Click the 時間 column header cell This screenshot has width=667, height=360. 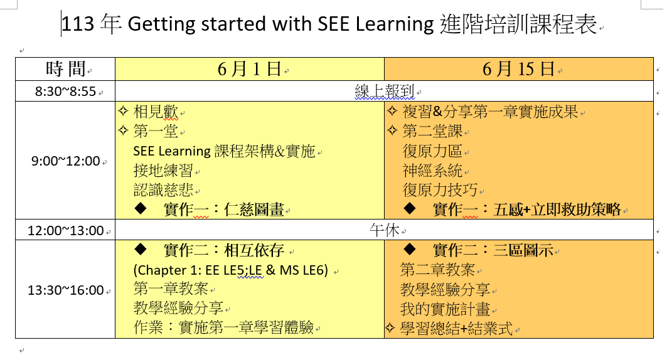65,69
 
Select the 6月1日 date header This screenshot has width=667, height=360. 249,69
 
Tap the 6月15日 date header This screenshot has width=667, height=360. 518,69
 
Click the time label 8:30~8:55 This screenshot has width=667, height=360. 65,92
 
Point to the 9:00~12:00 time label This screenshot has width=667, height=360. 65,161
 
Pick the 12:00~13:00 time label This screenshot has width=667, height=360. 65,231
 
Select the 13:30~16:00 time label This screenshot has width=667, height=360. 65,290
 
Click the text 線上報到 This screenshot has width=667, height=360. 385,92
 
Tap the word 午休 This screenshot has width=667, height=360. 385,230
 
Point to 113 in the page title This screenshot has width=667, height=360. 78,24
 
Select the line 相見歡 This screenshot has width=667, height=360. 155,112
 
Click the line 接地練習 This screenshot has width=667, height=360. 163,171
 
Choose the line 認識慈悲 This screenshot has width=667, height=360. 163,190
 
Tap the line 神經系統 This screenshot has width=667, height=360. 432,171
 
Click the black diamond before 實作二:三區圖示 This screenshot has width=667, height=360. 410,248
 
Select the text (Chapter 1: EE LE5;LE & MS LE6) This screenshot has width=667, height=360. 230,270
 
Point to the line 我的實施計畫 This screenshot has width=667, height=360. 445,309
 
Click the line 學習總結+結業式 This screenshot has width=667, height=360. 456,329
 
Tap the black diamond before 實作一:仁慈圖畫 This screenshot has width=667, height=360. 141,208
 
